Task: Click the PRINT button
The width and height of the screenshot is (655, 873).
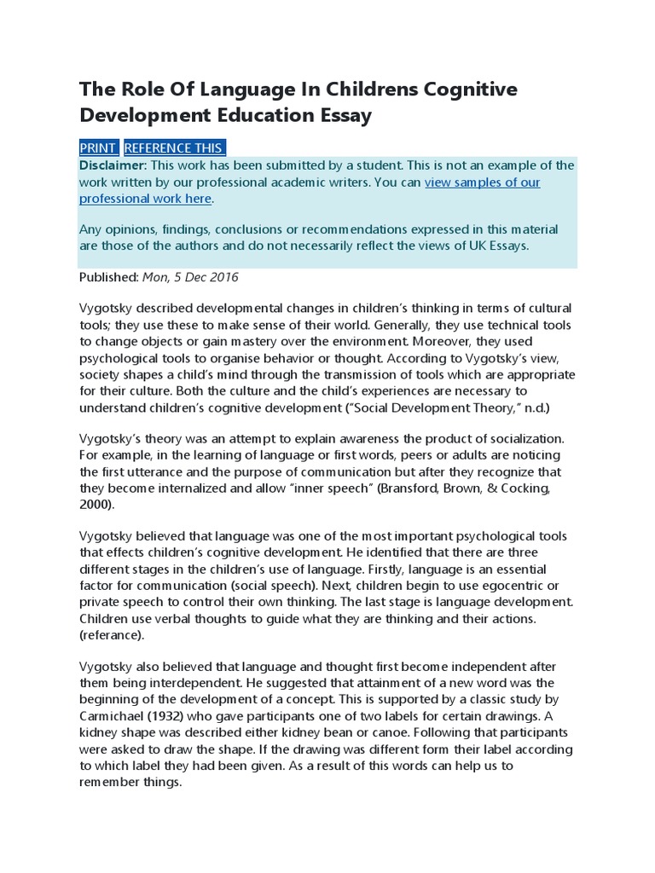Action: pyautogui.click(x=98, y=147)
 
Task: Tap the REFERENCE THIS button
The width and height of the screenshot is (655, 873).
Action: pyautogui.click(x=174, y=147)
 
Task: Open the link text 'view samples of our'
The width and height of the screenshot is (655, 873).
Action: pyautogui.click(x=482, y=182)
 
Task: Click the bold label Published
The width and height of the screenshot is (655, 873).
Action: pyautogui.click(x=108, y=277)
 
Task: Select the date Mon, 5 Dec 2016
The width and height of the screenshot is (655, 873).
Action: pyautogui.click(x=190, y=277)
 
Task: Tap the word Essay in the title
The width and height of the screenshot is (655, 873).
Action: pyautogui.click(x=345, y=115)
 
